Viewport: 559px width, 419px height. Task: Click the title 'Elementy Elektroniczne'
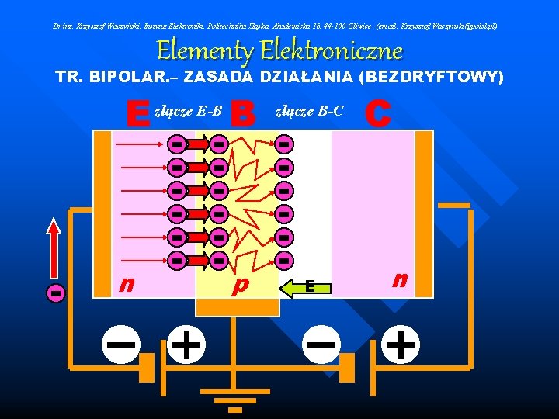tap(279, 52)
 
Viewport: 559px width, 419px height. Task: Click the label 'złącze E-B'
tap(189, 112)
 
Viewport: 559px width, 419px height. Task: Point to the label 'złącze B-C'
tap(310, 112)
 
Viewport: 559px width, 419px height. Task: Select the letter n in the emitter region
tap(124, 285)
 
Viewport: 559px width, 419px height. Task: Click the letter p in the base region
tap(241, 285)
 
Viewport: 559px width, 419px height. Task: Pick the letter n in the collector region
tap(400, 279)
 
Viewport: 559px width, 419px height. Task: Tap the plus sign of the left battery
tap(186, 343)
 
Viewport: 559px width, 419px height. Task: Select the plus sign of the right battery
tap(401, 343)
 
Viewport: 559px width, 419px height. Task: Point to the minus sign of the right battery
tap(321, 342)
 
